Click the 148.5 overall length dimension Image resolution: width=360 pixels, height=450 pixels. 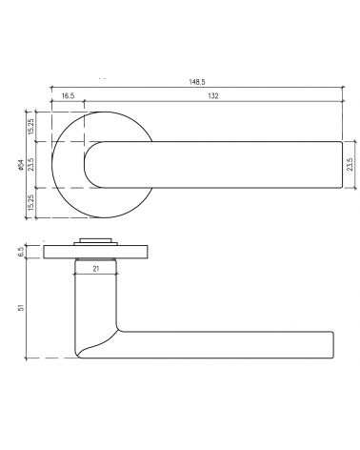(x=197, y=82)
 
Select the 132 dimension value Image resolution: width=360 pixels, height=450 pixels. (x=213, y=96)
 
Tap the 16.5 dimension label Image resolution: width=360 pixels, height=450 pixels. (x=68, y=96)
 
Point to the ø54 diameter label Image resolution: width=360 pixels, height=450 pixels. (x=21, y=165)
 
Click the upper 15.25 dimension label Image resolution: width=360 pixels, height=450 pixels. (x=31, y=127)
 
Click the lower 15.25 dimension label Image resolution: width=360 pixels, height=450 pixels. (x=31, y=203)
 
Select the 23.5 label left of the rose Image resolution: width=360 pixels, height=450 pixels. (x=31, y=165)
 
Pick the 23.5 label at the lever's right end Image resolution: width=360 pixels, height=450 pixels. (x=350, y=165)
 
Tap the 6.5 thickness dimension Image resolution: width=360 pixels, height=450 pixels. (x=21, y=252)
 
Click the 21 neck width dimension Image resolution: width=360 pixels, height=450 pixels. (x=96, y=269)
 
